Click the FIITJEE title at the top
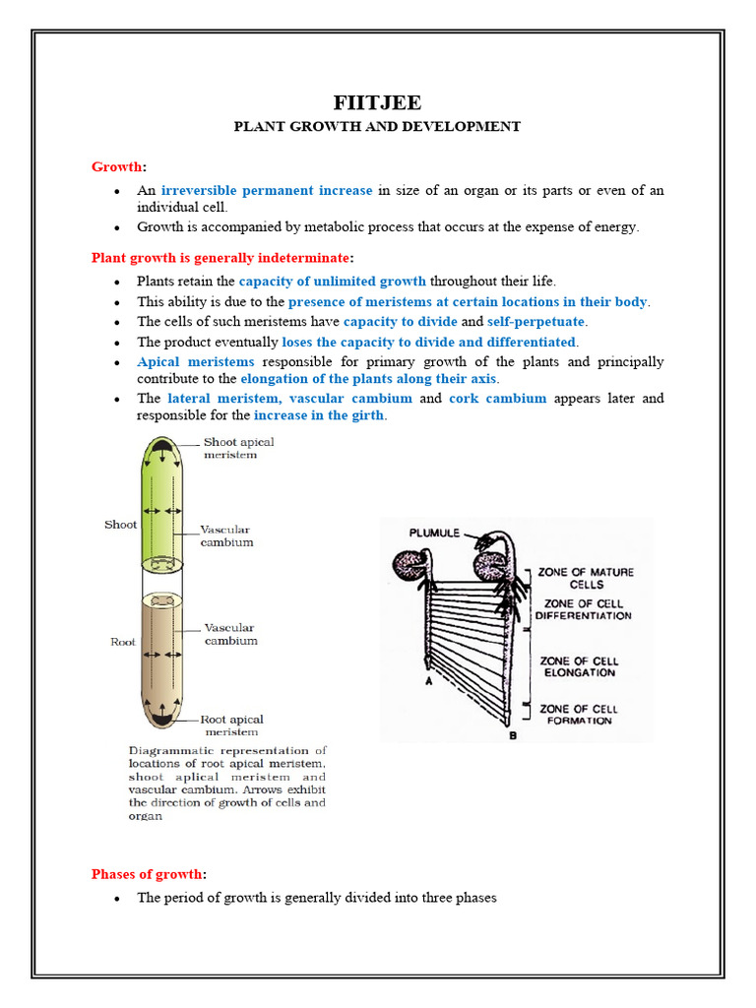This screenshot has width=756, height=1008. [x=376, y=103]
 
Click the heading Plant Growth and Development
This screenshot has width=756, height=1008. [x=376, y=127]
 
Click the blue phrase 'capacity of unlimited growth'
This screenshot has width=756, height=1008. [x=332, y=282]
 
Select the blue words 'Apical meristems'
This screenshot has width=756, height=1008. [x=195, y=362]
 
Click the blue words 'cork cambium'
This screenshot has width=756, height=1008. [x=497, y=399]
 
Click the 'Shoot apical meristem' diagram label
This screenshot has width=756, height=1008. [x=238, y=449]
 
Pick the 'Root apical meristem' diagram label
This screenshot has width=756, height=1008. [x=232, y=725]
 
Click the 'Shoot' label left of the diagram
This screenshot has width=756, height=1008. [x=120, y=525]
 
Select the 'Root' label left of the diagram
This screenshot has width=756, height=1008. [x=122, y=642]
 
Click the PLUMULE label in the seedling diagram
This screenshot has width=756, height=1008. [x=435, y=533]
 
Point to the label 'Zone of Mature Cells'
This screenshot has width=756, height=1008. [x=586, y=578]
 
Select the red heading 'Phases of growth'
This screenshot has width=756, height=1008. [x=148, y=874]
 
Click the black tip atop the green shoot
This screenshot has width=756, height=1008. [x=159, y=454]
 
